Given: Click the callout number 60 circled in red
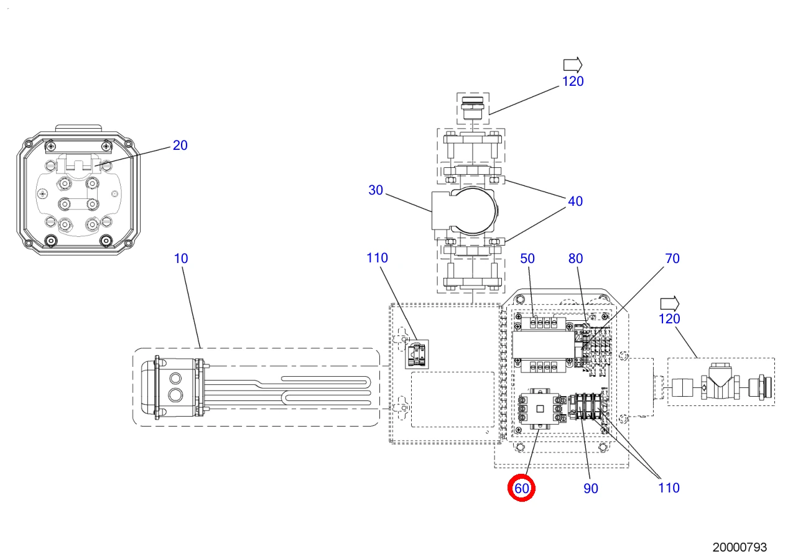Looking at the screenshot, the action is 521,489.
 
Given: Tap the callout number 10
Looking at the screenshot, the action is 181,259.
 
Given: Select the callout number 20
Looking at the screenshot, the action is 180,146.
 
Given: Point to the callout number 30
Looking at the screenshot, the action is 376,190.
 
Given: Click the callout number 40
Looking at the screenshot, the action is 575,201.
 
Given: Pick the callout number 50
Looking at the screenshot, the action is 527,259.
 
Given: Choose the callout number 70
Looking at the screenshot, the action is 672,259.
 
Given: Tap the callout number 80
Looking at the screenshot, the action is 576,259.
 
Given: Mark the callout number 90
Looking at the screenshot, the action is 591,489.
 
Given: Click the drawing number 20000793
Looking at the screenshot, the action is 740,547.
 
